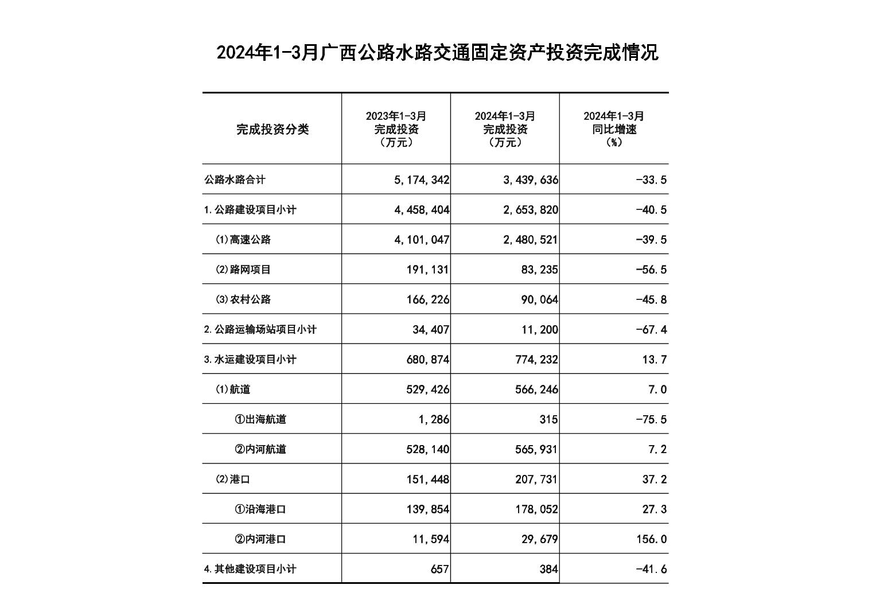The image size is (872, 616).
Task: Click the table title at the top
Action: (437, 53)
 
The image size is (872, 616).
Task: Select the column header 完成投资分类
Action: (272, 130)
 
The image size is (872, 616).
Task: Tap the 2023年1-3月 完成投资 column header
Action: (396, 129)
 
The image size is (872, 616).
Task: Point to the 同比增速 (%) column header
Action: (614, 129)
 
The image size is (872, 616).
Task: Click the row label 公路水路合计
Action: (235, 180)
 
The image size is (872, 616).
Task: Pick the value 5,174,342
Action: (422, 180)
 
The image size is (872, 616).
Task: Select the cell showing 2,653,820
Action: (530, 210)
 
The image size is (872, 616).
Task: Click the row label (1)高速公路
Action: (243, 240)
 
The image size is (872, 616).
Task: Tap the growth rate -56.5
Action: (651, 270)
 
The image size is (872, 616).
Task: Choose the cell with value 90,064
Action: (539, 299)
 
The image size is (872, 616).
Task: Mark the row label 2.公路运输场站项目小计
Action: (260, 330)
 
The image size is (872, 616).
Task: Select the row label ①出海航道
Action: (260, 419)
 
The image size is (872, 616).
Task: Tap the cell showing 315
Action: (548, 419)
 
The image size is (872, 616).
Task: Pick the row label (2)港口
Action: (233, 479)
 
